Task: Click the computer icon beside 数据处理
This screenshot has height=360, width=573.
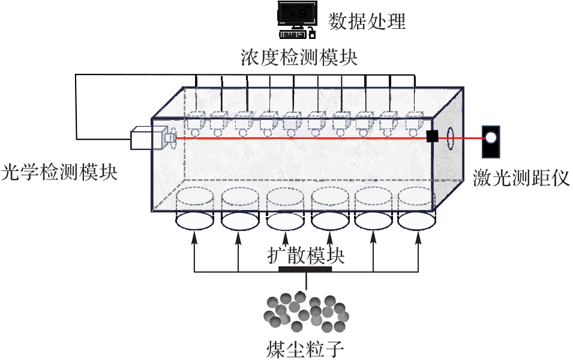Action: (x=296, y=19)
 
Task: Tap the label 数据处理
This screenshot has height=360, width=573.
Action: (x=367, y=21)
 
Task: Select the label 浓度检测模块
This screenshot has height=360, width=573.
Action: (x=298, y=58)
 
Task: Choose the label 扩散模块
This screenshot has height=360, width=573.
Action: (x=305, y=256)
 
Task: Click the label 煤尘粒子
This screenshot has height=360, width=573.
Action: (x=305, y=348)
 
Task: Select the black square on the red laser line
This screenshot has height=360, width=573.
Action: (x=432, y=136)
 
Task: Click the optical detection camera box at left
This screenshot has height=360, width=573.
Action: (x=148, y=139)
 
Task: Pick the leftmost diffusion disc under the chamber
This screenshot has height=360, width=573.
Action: (x=194, y=220)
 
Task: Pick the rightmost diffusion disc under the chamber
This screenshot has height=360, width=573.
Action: (x=417, y=220)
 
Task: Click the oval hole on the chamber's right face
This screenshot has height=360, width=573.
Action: (x=450, y=139)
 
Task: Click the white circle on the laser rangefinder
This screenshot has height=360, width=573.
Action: (x=491, y=137)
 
